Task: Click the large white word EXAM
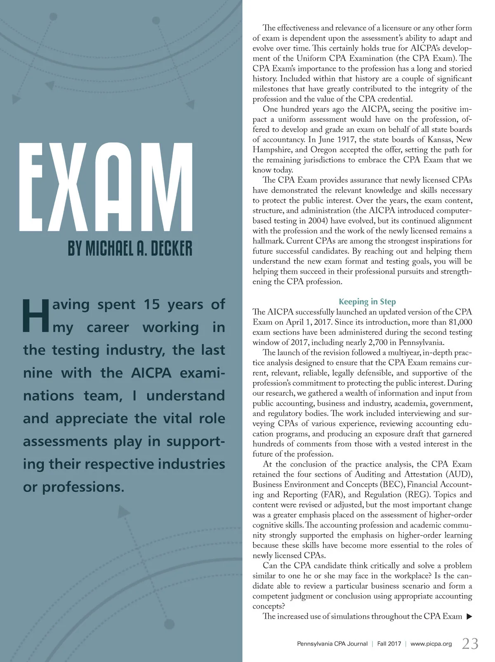106,188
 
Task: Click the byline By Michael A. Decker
130,248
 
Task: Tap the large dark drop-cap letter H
35,316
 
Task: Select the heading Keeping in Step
367,302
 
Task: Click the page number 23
470,643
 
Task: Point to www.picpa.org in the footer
431,644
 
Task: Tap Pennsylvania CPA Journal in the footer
332,644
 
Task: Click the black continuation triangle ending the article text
468,617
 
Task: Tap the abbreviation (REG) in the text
415,495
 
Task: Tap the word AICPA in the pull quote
151,373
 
